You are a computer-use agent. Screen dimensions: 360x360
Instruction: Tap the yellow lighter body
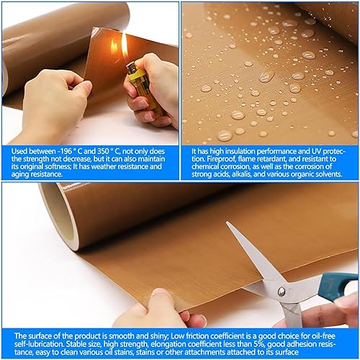click(137, 81)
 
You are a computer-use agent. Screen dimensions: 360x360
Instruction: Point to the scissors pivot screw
click(281, 291)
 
